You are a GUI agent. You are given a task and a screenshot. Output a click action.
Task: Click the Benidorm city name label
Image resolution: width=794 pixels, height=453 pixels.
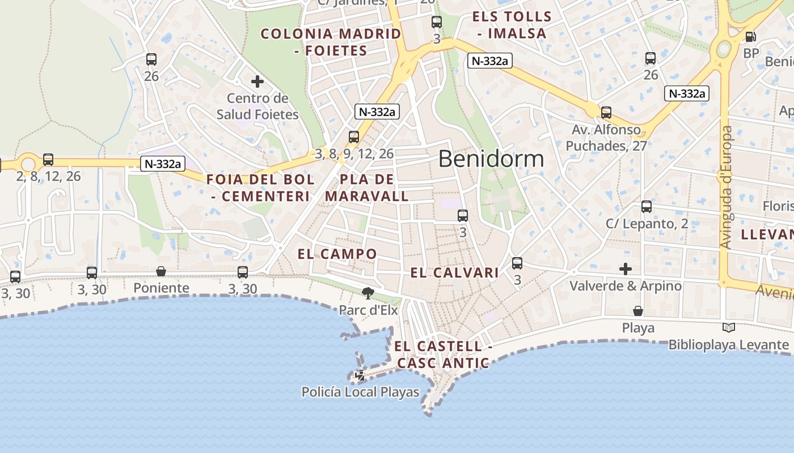click(x=491, y=159)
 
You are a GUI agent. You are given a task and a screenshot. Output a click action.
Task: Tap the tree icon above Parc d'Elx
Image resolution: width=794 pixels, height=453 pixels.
click(x=368, y=293)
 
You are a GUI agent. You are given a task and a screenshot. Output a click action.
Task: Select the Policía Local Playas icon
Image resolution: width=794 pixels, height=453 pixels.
click(x=360, y=375)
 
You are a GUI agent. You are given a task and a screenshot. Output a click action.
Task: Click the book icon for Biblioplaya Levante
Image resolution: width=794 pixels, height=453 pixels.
click(x=729, y=327)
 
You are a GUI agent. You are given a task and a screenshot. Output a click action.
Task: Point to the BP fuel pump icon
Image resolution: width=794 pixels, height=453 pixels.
click(x=750, y=37)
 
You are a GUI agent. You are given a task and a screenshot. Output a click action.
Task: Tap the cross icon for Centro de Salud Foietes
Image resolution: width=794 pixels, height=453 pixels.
click(x=257, y=82)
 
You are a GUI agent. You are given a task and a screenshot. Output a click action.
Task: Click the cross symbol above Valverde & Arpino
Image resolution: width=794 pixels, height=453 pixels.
click(x=626, y=268)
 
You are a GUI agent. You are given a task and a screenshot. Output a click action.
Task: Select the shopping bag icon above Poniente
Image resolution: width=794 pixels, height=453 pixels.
click(x=161, y=271)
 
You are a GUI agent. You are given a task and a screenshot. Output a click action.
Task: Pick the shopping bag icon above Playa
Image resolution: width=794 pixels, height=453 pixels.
click(x=638, y=311)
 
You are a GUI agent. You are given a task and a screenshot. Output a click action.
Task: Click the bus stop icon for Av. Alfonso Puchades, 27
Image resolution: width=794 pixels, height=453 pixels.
click(x=606, y=112)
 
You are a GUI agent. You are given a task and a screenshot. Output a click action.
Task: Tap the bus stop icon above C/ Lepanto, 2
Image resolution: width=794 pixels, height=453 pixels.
click(x=647, y=207)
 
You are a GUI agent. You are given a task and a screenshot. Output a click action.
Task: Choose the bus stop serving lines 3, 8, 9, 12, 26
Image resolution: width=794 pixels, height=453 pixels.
click(x=354, y=136)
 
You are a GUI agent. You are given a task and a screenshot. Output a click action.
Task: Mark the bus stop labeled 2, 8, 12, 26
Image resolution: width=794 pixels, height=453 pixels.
click(x=48, y=160)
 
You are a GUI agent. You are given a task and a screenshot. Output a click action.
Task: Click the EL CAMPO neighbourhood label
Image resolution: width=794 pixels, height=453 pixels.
click(x=337, y=254)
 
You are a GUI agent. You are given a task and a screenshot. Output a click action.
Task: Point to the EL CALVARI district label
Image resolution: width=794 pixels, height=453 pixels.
click(x=454, y=273)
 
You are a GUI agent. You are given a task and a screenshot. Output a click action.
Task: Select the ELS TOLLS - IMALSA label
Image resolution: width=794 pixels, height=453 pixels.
click(x=512, y=25)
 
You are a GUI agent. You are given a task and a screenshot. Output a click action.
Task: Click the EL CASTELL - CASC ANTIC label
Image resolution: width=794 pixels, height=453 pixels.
click(x=443, y=354)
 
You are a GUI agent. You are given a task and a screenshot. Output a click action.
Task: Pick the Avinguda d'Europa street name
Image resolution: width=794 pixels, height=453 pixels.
click(x=727, y=187)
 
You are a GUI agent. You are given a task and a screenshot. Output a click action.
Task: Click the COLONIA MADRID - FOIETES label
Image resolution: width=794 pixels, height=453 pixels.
click(x=331, y=42)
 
